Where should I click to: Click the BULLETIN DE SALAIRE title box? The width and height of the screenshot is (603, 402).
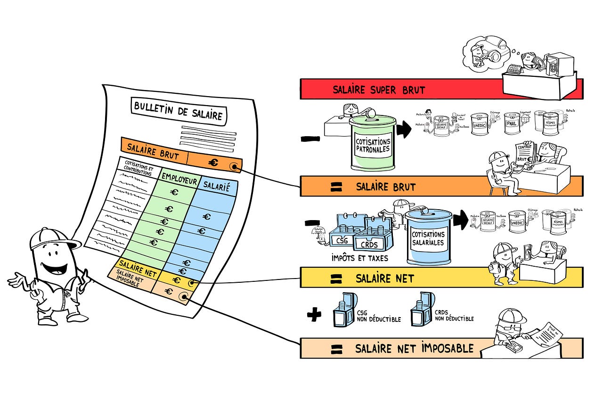178,111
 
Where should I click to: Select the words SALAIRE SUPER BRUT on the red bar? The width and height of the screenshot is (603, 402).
379,90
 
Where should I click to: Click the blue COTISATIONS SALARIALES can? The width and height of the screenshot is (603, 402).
428,238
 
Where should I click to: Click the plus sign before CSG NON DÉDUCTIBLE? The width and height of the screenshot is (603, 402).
313,314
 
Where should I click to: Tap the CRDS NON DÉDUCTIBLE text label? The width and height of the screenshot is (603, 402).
454,316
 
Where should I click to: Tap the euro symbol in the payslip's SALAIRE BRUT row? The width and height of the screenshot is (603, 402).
213,163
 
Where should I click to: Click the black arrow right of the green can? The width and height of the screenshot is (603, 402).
404,131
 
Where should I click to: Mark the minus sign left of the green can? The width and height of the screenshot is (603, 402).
310,139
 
